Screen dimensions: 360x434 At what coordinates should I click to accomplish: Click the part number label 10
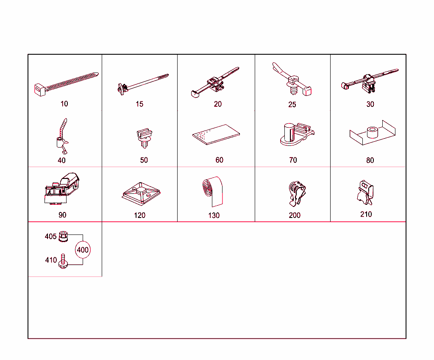[x=64, y=104]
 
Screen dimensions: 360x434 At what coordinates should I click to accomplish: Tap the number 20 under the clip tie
[x=217, y=104]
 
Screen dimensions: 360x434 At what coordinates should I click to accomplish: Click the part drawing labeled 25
[x=292, y=80]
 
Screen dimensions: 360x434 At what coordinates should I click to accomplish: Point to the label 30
[x=370, y=104]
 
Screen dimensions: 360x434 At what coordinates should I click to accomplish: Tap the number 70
[x=292, y=160]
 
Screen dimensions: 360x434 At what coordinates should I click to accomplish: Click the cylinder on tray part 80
[x=372, y=132]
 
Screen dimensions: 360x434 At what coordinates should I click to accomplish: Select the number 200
[x=295, y=215]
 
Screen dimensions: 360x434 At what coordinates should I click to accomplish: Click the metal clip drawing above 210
[x=365, y=193]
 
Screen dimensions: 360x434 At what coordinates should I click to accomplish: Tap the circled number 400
[x=83, y=250]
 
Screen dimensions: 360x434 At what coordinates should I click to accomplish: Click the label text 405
[x=50, y=237]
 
